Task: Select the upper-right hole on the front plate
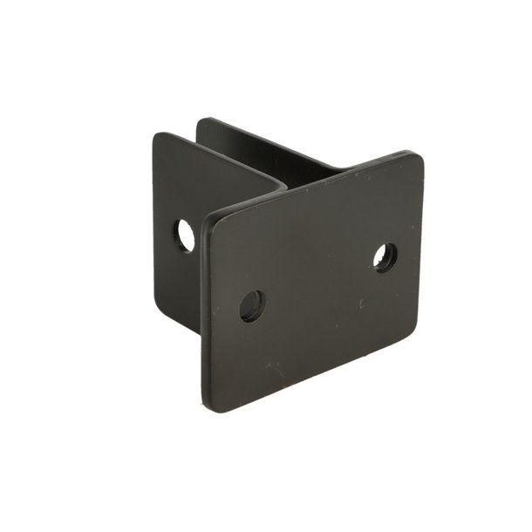click(385, 256)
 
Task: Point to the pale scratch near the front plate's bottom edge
click(276, 369)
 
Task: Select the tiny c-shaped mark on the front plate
click(361, 304)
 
